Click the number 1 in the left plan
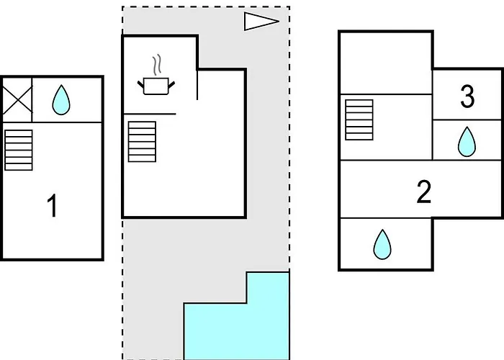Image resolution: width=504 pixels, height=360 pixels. (x=52, y=207)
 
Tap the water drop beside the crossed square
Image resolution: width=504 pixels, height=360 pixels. (x=62, y=101)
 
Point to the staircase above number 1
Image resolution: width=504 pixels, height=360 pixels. (x=19, y=149)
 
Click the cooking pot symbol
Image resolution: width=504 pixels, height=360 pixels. (x=156, y=86)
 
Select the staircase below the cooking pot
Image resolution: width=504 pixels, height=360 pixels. (x=142, y=143)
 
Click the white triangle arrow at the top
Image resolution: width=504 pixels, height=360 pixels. (x=260, y=22)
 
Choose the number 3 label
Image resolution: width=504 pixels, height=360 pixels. (x=467, y=97)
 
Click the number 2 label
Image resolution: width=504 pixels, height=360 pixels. (x=424, y=192)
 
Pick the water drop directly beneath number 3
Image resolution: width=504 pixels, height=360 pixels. (x=467, y=142)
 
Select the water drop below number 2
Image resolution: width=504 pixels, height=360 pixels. (x=382, y=245)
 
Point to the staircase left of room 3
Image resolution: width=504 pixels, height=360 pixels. (x=359, y=120)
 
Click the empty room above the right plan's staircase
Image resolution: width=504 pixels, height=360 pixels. (x=385, y=63)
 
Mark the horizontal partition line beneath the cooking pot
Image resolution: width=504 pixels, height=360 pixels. (x=150, y=114)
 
